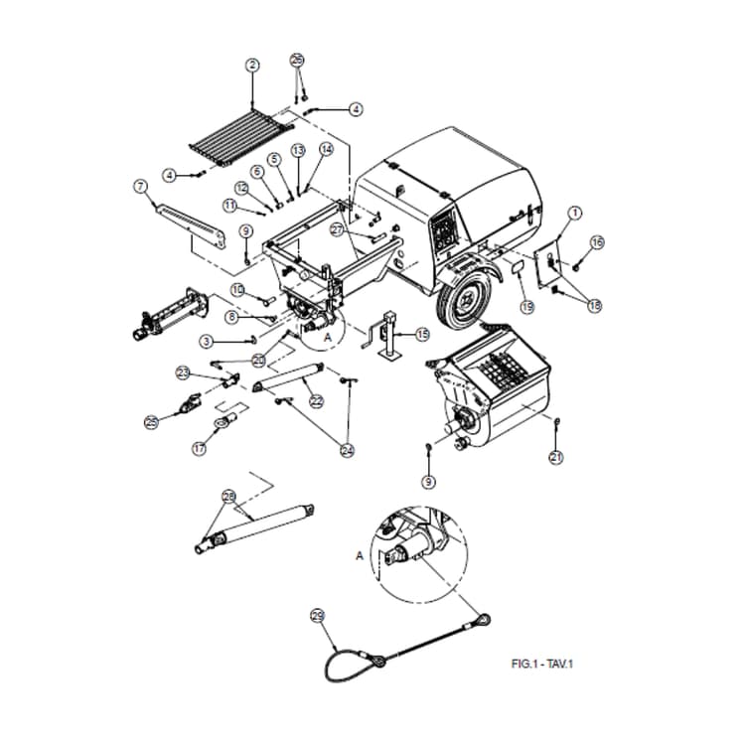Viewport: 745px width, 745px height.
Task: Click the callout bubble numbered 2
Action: [252, 66]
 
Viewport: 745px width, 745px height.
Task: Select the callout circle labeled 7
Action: [140, 185]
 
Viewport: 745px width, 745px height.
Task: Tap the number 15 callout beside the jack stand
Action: [422, 335]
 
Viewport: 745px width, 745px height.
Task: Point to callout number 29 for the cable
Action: [317, 615]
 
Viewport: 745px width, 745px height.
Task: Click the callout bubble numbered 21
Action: [556, 457]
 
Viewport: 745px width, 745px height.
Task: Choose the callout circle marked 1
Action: [573, 213]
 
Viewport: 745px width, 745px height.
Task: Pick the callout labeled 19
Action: [526, 307]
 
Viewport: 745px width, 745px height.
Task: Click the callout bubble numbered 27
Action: [338, 230]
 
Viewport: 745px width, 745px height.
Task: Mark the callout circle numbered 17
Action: [199, 449]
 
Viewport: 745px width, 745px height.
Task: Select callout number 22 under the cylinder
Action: [316, 401]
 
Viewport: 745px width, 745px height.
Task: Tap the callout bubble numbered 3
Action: [206, 341]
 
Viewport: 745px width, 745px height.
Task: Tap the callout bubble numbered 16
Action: [597, 242]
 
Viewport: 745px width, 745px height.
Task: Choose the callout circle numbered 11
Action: [229, 206]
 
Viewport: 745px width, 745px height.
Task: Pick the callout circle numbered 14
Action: [326, 150]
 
